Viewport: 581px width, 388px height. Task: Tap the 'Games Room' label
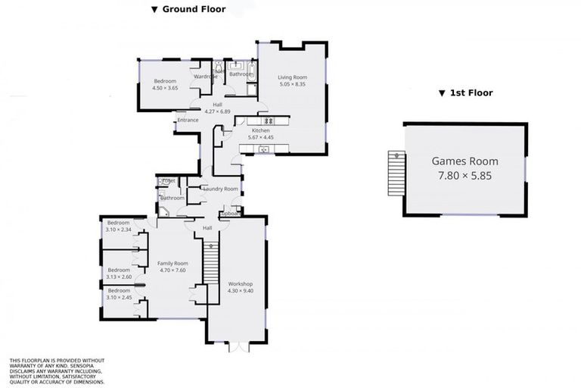coord(464,161)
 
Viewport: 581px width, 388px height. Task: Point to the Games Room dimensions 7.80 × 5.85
coord(464,175)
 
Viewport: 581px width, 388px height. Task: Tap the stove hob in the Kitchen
coord(267,121)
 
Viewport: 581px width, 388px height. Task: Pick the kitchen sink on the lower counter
coord(264,149)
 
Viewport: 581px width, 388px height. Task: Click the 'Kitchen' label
coord(250,131)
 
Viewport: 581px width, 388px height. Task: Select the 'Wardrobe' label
coord(206,77)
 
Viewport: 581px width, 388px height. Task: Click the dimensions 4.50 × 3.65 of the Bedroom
coord(165,88)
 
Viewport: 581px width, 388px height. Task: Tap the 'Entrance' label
coord(188,120)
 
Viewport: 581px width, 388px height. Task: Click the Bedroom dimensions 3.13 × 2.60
coord(120,277)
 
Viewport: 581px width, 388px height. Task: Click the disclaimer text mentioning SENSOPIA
coord(57,371)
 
